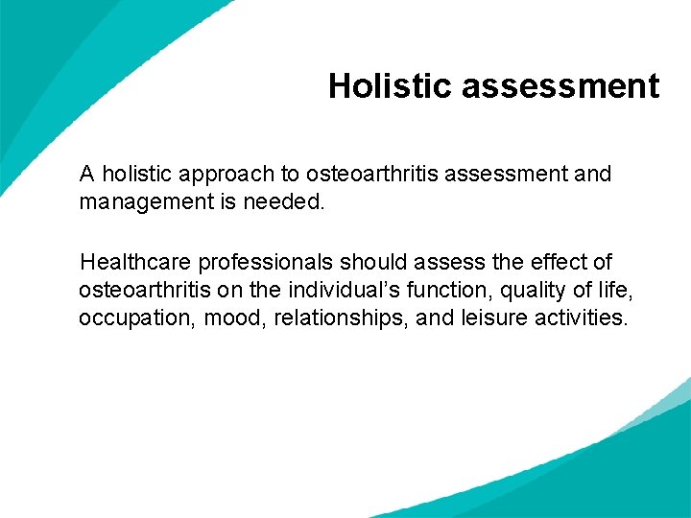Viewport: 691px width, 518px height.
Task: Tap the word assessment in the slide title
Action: [x=560, y=86]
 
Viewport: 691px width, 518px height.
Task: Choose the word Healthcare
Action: [x=135, y=262]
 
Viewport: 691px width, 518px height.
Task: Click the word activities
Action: [x=581, y=318]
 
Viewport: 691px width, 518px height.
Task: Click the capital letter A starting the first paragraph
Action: [x=87, y=175]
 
